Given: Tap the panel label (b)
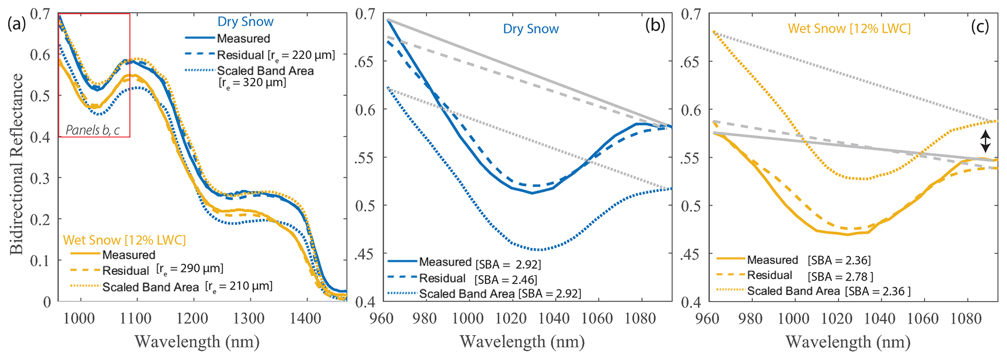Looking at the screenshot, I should (655, 25).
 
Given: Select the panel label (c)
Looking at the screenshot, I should (980, 26).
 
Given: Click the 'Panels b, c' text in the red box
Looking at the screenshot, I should (93, 130).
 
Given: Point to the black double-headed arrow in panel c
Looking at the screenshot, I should (985, 141).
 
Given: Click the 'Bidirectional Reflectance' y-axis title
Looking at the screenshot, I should (17, 164).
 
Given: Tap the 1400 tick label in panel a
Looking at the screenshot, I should (306, 319).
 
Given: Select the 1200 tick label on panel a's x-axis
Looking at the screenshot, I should (193, 319).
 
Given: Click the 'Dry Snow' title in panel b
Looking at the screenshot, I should (531, 29).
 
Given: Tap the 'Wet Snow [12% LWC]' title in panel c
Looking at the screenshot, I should (849, 28).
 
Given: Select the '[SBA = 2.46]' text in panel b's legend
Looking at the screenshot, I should (506, 280).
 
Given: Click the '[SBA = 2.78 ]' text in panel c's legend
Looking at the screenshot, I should (840, 277).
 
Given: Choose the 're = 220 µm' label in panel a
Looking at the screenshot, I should (302, 55).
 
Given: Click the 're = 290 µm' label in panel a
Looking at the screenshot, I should (190, 268).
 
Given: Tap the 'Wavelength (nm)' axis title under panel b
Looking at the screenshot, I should (522, 341).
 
